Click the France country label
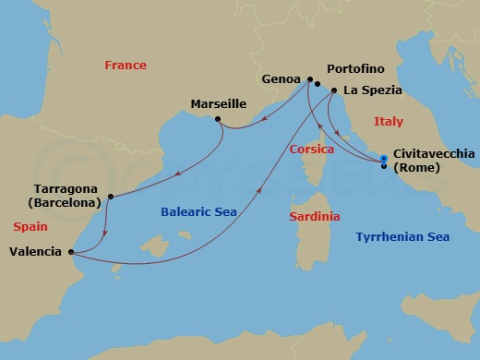tap(125, 66)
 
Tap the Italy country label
tap(388, 121)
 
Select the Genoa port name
tap(282, 79)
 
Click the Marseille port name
tap(220, 103)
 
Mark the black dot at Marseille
tap(216, 119)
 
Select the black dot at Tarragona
tap(110, 196)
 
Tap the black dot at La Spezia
tap(333, 90)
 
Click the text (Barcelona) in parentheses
tap(62, 203)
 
